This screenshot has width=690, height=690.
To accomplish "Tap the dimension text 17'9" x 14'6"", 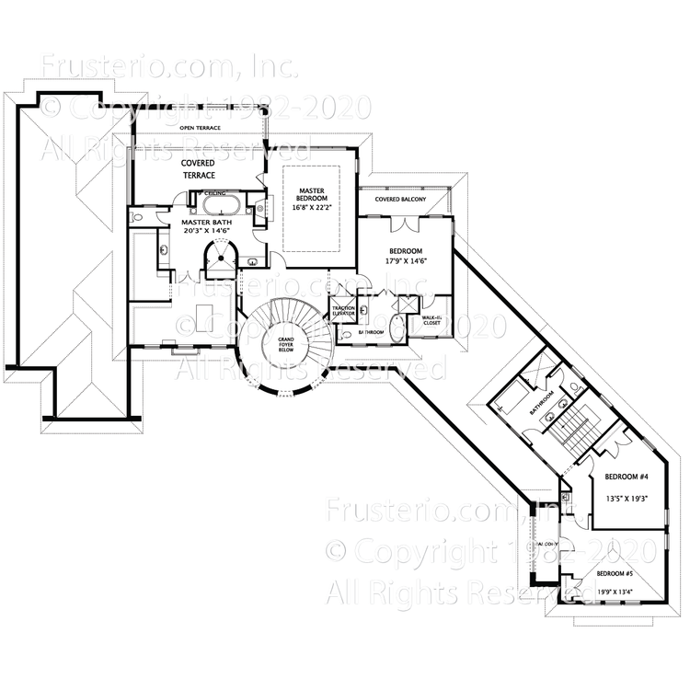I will (405, 261).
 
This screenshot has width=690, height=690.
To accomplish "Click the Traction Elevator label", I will (344, 312).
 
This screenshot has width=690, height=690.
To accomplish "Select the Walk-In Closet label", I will (432, 321).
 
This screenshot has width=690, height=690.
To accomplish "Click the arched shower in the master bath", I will (221, 259).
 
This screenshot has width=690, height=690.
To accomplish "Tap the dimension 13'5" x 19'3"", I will (627, 498).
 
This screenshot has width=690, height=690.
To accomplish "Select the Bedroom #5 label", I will (615, 573).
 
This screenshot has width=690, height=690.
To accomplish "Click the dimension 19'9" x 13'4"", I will (615, 592).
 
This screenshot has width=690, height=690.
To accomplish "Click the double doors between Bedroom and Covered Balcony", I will (403, 224).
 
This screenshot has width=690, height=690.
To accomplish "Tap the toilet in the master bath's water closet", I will (137, 217).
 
